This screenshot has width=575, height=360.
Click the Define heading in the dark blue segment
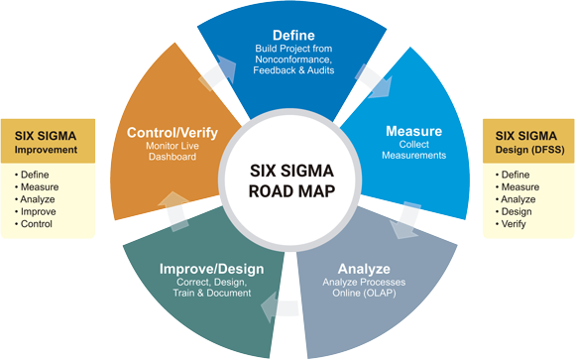click(293, 36)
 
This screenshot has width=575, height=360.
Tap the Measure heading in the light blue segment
click(413, 131)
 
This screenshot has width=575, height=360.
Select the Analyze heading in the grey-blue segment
click(364, 269)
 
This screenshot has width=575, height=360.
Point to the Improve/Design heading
click(211, 269)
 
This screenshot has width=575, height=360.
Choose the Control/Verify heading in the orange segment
click(172, 133)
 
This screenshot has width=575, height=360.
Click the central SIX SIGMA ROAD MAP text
click(291, 180)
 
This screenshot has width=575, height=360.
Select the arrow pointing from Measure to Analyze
click(405, 220)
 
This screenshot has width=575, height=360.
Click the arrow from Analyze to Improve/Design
click(279, 307)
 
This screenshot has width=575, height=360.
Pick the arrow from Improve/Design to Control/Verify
click(174, 211)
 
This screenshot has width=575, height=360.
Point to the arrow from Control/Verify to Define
click(218, 73)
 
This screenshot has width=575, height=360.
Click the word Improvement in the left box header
click(46, 150)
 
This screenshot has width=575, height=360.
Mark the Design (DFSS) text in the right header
click(530, 150)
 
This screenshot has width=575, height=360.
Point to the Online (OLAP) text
click(364, 294)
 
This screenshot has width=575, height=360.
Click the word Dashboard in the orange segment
click(172, 157)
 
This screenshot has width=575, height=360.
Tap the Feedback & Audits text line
click(293, 70)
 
